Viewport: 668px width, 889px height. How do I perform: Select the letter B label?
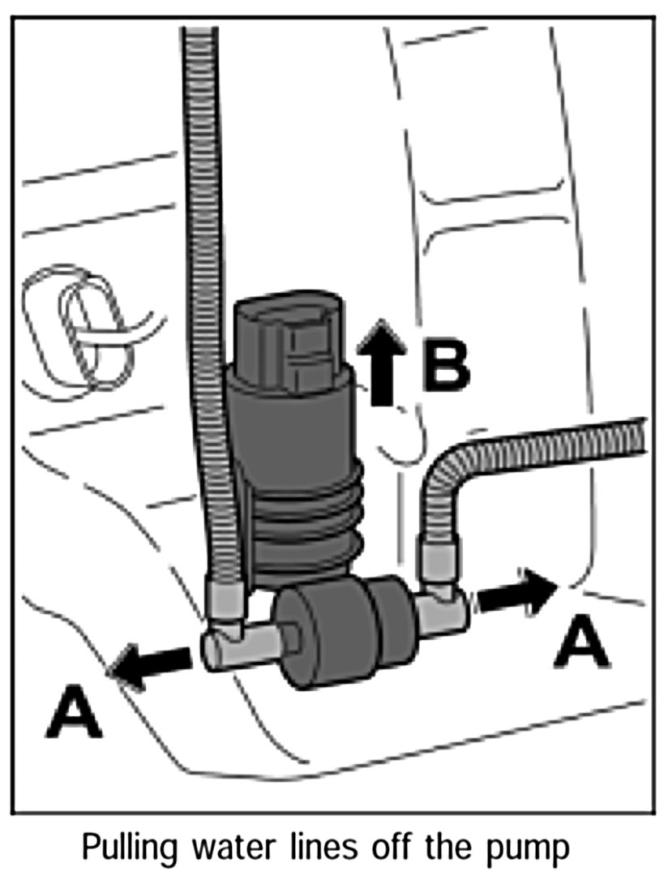coord(445,367)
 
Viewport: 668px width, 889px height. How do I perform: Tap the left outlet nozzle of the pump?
coord(231,646)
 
